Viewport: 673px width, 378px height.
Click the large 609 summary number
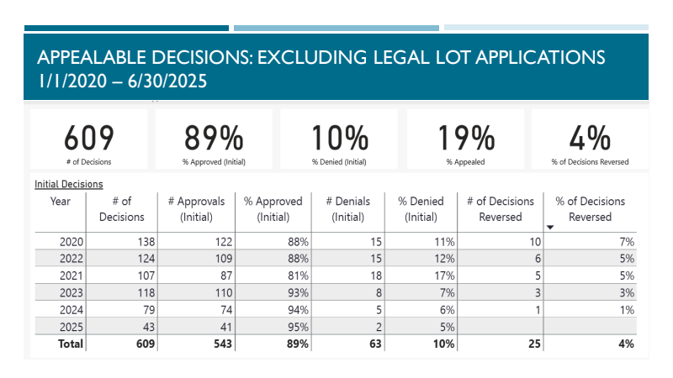tap(88, 138)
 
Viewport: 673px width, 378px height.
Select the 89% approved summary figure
tap(214, 138)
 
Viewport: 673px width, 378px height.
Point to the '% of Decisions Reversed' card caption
tap(590, 161)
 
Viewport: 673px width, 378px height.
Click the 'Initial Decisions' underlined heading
tap(69, 183)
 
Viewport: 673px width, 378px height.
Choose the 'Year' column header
tap(61, 202)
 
